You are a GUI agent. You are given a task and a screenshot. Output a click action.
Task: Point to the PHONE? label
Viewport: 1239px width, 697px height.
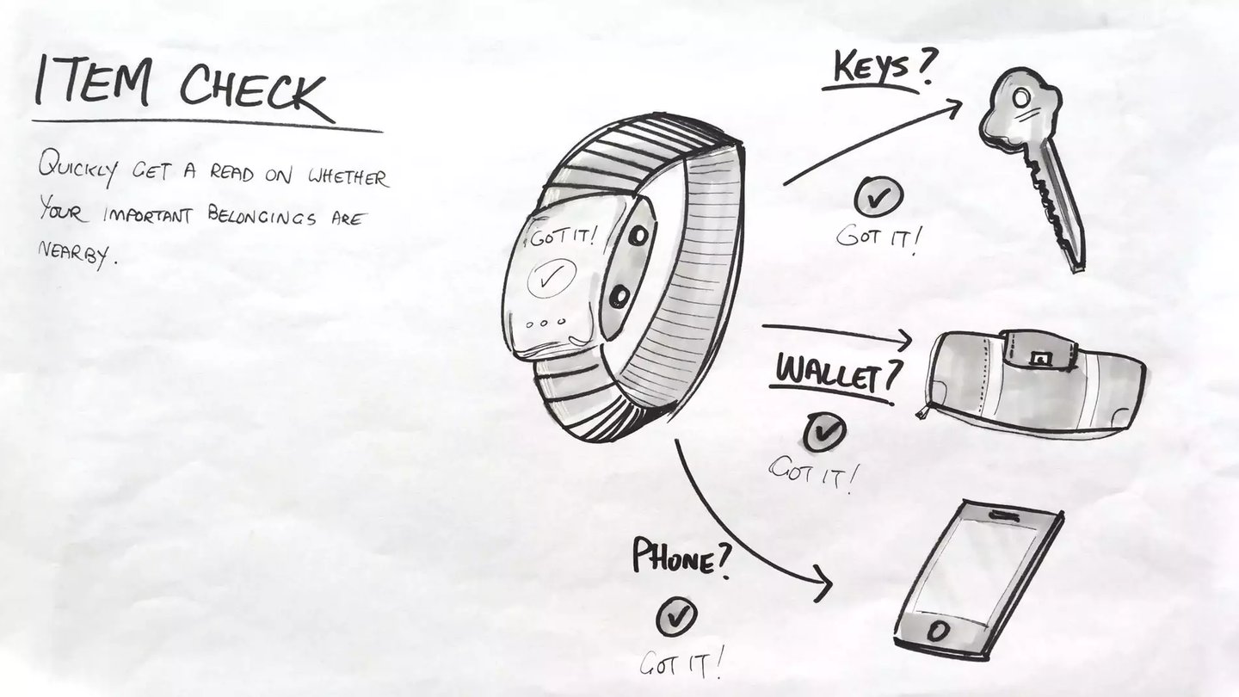[681, 557]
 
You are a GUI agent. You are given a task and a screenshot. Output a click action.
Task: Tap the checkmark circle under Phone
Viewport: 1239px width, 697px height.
[677, 616]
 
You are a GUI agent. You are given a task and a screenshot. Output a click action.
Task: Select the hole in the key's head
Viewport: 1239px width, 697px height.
[1020, 100]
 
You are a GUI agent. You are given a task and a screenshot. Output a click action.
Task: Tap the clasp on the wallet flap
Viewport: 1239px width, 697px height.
[1040, 355]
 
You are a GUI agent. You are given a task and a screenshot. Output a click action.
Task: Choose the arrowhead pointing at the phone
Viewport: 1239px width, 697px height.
[824, 585]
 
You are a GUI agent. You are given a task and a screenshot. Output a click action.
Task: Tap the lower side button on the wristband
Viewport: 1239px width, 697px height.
[618, 297]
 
